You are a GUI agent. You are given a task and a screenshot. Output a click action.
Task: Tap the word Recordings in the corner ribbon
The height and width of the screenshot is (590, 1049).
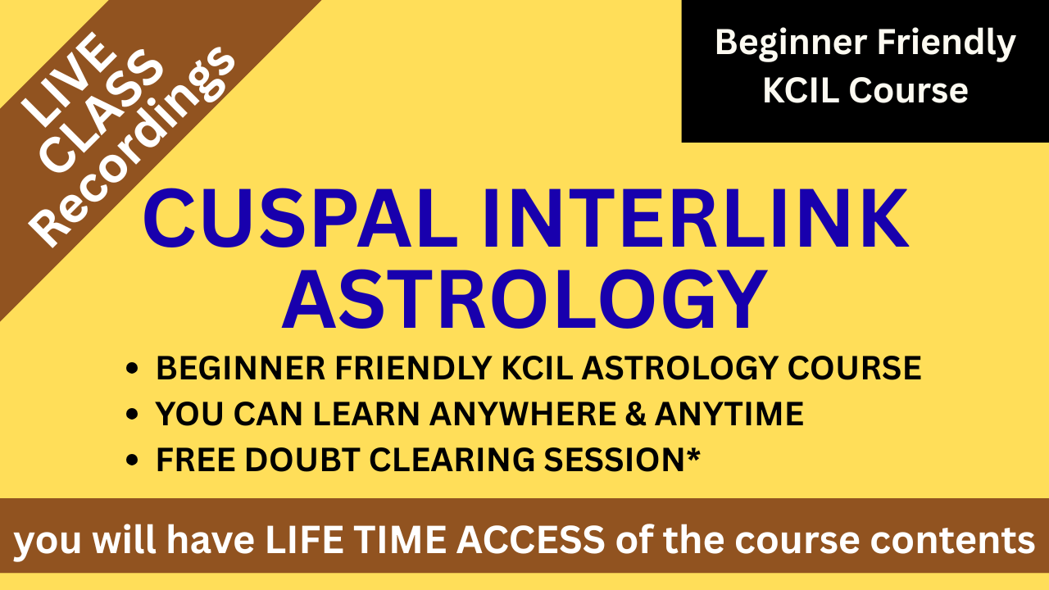(132, 147)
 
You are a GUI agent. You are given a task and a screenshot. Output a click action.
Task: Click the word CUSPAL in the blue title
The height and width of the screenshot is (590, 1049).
(301, 218)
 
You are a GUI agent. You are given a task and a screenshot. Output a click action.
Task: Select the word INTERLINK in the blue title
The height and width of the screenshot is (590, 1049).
(697, 218)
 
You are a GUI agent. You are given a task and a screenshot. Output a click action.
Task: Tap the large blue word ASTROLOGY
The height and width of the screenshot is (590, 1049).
(524, 299)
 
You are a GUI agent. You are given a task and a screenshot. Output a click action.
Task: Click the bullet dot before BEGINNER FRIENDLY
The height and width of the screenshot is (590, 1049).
(133, 368)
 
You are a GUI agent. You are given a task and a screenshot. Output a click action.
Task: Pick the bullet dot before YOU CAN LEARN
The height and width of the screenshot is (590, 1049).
(133, 414)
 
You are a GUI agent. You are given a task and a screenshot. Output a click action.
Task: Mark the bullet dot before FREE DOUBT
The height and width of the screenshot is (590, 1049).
(133, 460)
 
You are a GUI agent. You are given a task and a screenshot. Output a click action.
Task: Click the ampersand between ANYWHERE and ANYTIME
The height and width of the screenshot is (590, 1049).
(635, 414)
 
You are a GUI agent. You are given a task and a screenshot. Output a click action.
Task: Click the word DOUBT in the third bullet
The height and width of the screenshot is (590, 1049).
(302, 460)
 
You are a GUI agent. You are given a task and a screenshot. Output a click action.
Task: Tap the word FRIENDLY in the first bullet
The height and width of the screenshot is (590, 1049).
(413, 368)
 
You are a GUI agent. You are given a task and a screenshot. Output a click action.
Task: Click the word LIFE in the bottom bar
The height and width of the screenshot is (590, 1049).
(304, 539)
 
